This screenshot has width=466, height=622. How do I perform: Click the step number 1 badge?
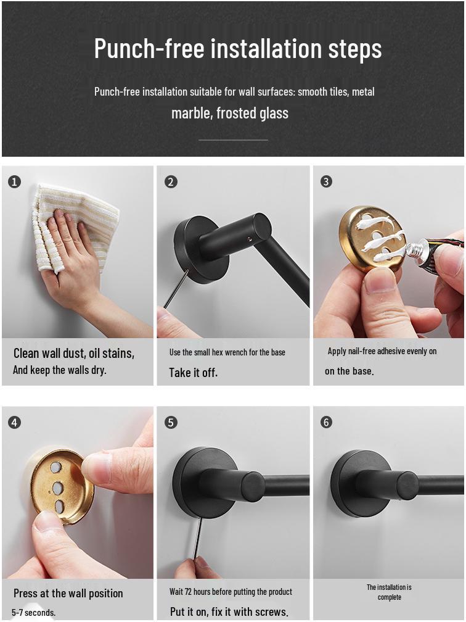click(14, 182)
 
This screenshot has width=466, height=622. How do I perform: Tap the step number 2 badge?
click(171, 182)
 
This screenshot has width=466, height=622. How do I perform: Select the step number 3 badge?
click(326, 181)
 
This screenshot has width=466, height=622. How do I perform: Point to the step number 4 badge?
click(14, 423)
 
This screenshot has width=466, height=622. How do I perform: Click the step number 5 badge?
click(171, 423)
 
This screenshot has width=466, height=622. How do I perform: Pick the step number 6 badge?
click(326, 422)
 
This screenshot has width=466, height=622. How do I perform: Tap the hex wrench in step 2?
click(176, 288)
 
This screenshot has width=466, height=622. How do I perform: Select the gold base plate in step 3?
click(372, 238)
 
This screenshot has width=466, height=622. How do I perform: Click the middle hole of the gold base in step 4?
click(57, 487)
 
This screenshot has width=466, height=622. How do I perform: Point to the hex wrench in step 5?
click(197, 537)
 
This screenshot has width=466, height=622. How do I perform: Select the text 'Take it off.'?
click(194, 373)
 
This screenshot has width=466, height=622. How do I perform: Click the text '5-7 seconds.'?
click(34, 613)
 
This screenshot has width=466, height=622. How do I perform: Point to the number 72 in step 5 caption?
click(188, 592)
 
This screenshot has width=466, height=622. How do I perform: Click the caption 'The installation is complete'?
click(389, 592)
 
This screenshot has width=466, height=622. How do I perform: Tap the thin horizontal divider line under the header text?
click(234, 140)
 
